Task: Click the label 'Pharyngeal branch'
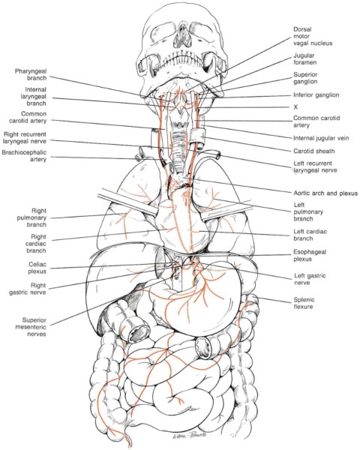click(x=31, y=74)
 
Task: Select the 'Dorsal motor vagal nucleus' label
click(x=313, y=36)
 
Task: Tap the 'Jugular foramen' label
click(x=305, y=58)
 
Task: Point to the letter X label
click(x=295, y=106)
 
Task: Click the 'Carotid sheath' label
click(x=313, y=151)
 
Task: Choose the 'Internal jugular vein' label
click(x=321, y=138)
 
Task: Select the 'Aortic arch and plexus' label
click(x=325, y=193)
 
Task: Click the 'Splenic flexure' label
click(x=304, y=303)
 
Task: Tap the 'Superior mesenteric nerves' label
click(x=34, y=327)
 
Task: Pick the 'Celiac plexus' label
click(x=37, y=268)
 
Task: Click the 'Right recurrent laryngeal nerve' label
click(x=25, y=137)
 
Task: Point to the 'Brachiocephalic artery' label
click(x=24, y=155)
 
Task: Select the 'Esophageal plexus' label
click(x=310, y=256)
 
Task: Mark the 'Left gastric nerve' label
click(x=310, y=279)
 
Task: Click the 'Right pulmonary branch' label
click(x=31, y=217)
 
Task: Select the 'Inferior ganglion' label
click(x=316, y=95)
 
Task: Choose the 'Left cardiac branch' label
click(x=310, y=235)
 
